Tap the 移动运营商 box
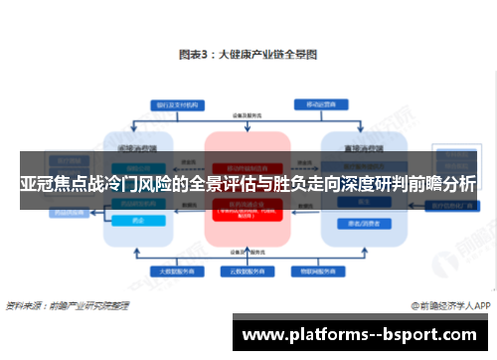318,103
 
